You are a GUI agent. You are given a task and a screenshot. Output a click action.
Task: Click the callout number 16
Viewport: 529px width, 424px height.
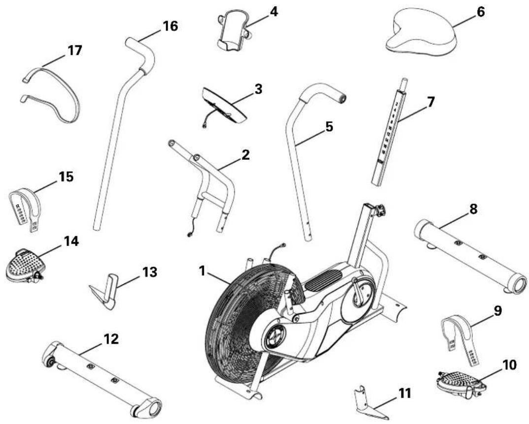tap(170, 26)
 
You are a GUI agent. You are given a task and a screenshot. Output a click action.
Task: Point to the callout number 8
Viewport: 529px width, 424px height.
tap(472, 209)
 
